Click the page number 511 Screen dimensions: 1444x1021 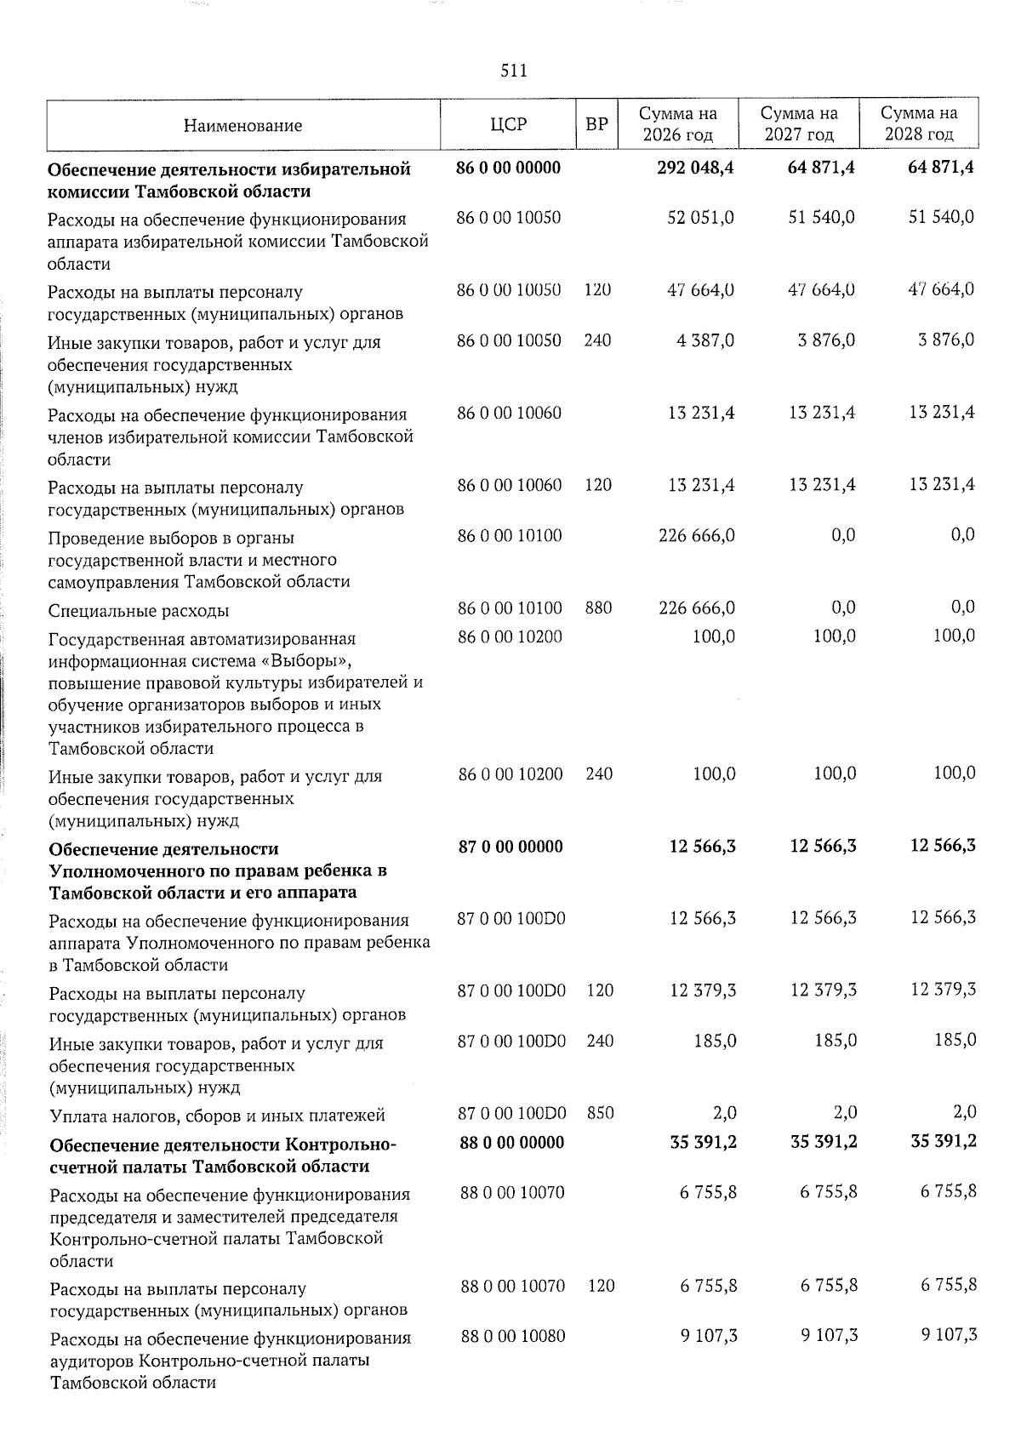coord(513,71)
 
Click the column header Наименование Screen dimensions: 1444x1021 coord(242,126)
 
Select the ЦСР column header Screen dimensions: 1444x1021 coord(509,125)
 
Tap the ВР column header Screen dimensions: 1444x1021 coord(597,125)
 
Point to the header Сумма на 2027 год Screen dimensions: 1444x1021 coord(798,124)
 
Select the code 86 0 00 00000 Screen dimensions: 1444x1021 coord(509,168)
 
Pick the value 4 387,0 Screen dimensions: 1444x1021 coord(705,340)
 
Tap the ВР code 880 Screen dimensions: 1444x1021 coord(598,608)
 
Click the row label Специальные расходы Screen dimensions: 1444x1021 coord(139,611)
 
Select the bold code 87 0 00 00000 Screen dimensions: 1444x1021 coord(510,847)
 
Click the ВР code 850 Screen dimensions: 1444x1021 coord(600,1112)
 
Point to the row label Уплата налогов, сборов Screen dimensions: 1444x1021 coord(217,1116)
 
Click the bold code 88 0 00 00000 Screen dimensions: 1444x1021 coord(511,1143)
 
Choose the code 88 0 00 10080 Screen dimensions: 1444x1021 coord(512,1336)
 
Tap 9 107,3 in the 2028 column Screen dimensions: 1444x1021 coord(948,1336)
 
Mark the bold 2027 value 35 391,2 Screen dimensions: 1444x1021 coord(822,1143)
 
